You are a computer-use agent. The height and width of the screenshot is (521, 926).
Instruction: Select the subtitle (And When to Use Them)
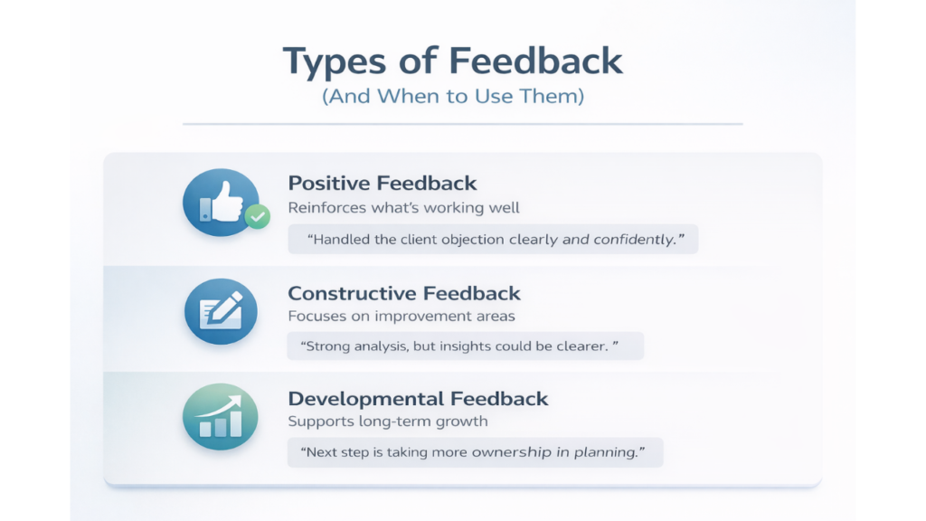[x=453, y=96]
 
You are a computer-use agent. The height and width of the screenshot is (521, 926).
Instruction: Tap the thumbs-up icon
[x=222, y=202]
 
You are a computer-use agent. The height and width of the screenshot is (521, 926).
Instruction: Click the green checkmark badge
[x=258, y=217]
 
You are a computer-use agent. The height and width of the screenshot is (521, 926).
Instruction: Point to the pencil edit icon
[x=221, y=311]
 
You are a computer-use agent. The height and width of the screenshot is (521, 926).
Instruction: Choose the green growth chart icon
[x=221, y=416]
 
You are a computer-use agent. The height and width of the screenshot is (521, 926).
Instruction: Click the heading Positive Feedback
[x=383, y=183]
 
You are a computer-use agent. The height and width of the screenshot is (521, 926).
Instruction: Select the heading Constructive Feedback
[x=404, y=293]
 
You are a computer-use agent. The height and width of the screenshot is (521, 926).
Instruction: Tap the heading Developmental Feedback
[x=418, y=399]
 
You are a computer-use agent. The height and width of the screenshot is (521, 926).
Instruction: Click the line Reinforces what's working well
[x=404, y=208]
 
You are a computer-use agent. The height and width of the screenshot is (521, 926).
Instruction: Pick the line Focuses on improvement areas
[x=402, y=316]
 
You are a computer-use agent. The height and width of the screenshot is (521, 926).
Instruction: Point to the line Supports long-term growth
[x=388, y=422]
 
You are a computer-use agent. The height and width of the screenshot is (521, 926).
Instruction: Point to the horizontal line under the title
[x=463, y=124]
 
